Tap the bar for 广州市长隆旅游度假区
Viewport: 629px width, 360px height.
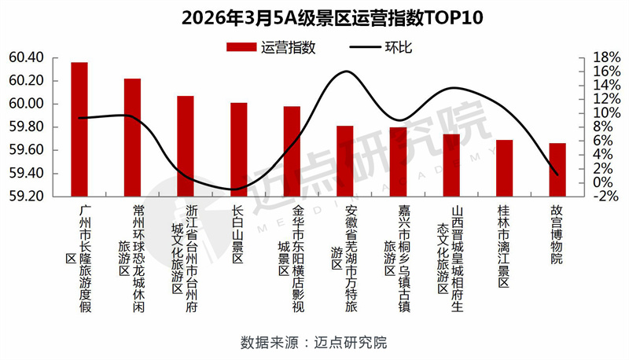pyautogui.click(x=79, y=129)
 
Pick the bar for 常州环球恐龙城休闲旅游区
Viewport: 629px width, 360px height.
pyautogui.click(x=133, y=138)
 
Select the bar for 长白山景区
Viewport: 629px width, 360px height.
pyautogui.click(x=239, y=149)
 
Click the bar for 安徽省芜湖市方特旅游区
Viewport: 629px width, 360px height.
pyautogui.click(x=344, y=160)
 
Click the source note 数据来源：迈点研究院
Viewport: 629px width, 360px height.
pyautogui.click(x=314, y=343)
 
